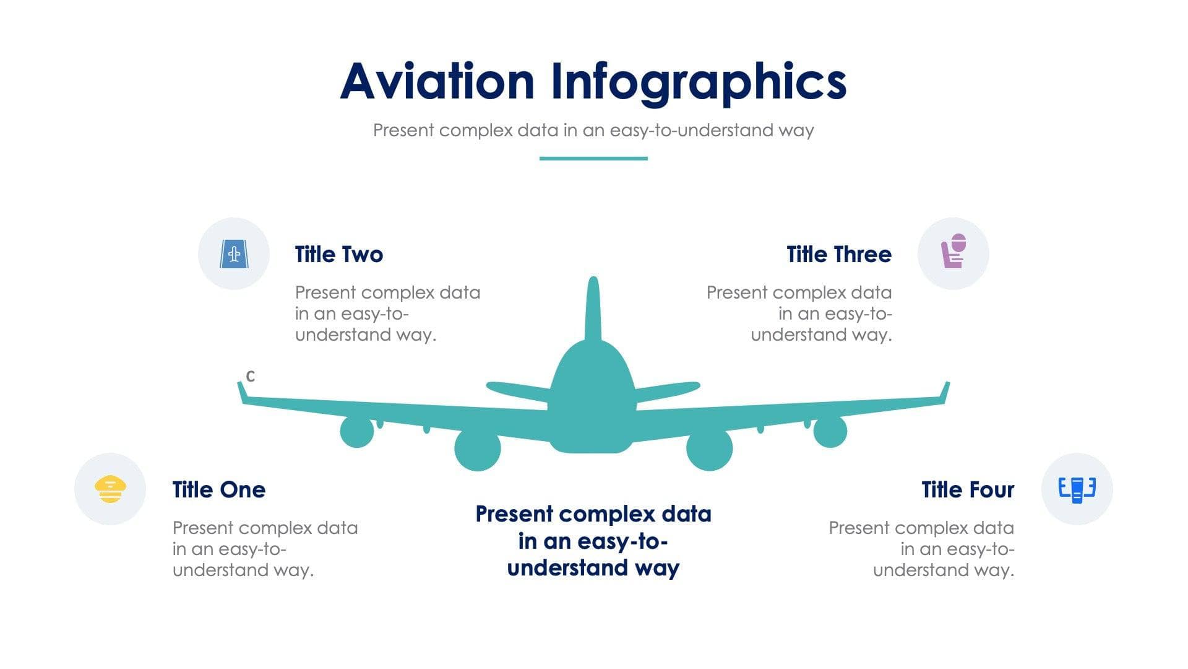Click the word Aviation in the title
437,81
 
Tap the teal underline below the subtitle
593,159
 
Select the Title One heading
219,490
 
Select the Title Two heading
339,255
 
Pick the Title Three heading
839,255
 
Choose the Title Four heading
968,490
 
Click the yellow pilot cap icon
110,489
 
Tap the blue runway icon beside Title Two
234,253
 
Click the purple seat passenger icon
953,251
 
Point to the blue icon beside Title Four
1077,489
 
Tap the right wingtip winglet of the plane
945,393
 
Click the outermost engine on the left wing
357,432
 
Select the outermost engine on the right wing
830,432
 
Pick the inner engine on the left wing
477,449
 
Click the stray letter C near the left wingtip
250,376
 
